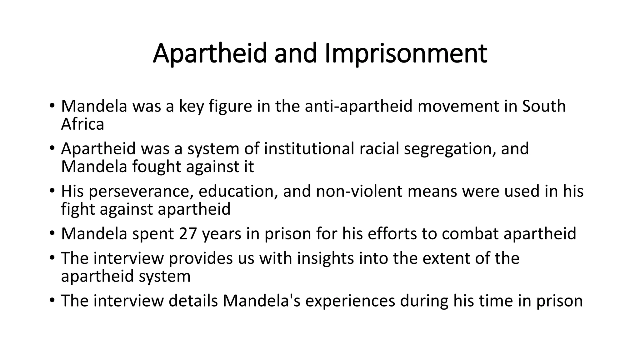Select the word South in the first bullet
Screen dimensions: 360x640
click(x=544, y=106)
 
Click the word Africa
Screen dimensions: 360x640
click(x=82, y=124)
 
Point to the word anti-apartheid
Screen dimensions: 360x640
click(x=359, y=106)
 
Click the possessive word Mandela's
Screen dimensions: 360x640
click(x=261, y=301)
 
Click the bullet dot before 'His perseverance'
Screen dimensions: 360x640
click(x=52, y=191)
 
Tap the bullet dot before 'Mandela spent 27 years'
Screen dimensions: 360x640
click(x=52, y=233)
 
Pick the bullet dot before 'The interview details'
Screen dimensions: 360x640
click(x=52, y=301)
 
